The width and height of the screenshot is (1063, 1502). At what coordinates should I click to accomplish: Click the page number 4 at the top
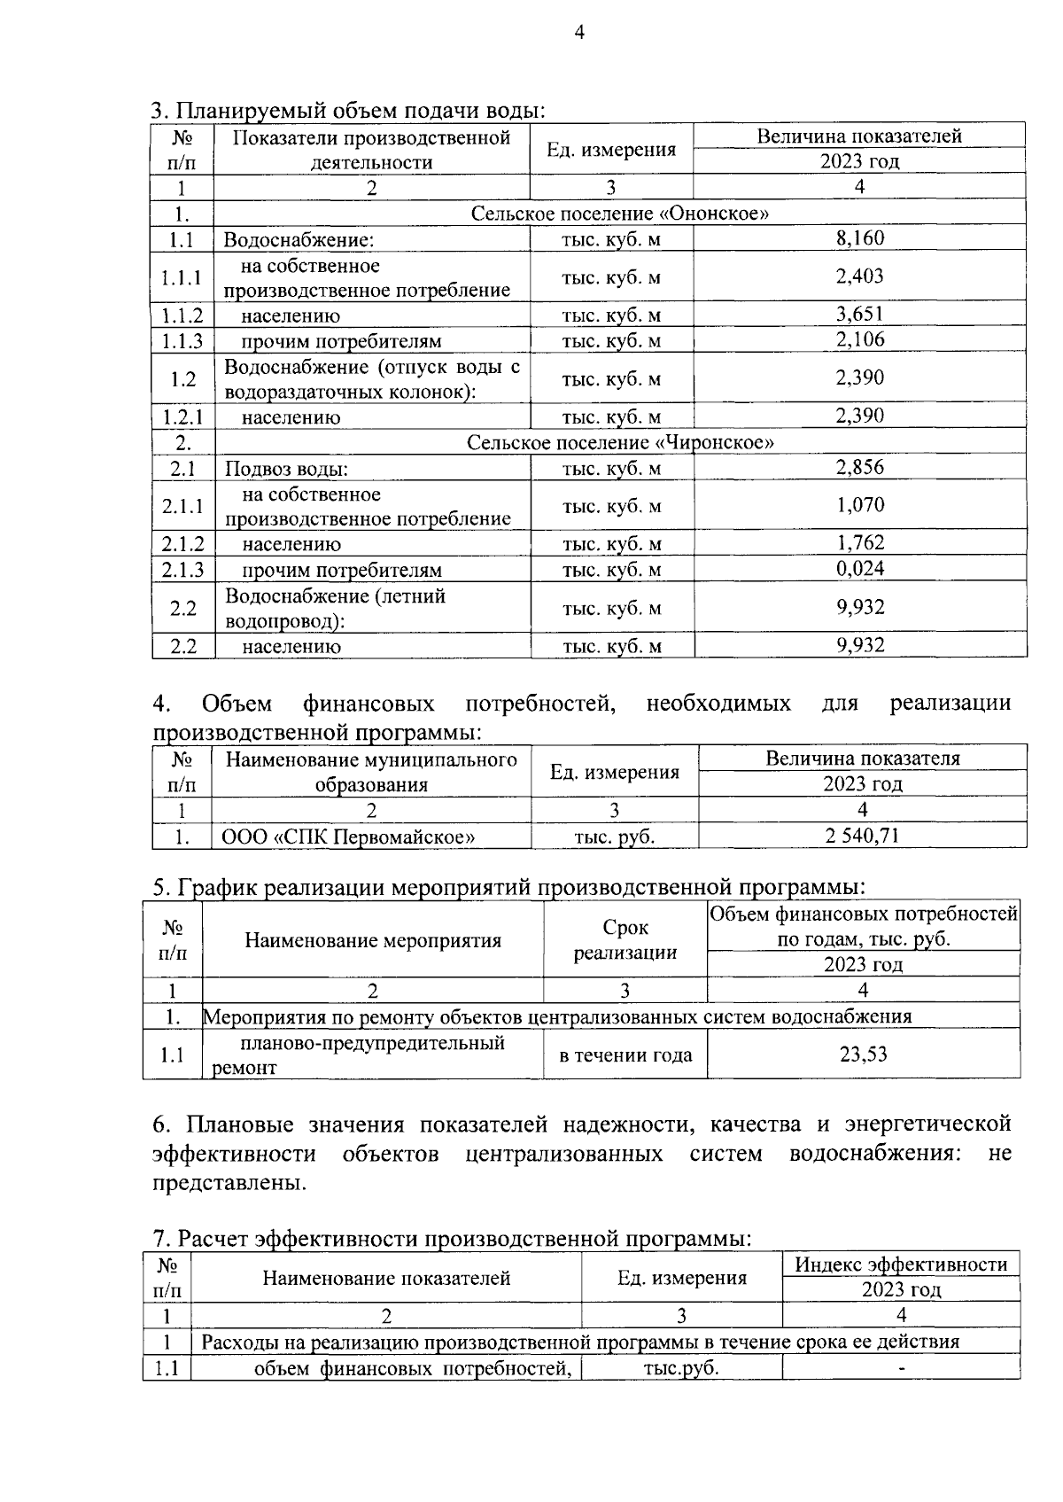[579, 34]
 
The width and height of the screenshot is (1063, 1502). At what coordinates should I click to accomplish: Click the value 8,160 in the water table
[859, 238]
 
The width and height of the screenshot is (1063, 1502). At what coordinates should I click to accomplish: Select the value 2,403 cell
[859, 276]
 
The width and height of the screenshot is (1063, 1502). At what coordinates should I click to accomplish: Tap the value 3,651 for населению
[859, 315]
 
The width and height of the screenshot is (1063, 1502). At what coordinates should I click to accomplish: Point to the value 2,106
[859, 340]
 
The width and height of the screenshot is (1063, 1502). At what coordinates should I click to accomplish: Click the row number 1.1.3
[182, 341]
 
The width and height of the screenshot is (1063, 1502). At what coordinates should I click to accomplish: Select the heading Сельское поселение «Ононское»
[619, 214]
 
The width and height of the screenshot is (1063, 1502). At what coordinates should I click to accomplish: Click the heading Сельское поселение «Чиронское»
[620, 442]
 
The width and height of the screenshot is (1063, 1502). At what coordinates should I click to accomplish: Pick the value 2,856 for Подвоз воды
[859, 468]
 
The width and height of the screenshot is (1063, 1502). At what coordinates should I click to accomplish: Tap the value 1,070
[859, 505]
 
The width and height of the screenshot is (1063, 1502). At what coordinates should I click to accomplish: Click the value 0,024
[859, 569]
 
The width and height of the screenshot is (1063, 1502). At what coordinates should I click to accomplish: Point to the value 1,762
[859, 543]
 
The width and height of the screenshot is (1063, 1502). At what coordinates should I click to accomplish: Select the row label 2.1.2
[182, 544]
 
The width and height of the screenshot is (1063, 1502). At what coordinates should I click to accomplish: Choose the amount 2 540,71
[862, 835]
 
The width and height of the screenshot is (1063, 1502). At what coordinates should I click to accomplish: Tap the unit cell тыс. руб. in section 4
[614, 836]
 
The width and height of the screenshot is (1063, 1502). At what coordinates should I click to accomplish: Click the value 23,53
[863, 1055]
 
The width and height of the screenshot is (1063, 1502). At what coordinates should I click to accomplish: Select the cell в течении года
[625, 1055]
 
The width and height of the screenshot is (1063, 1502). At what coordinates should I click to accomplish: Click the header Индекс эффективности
[901, 1265]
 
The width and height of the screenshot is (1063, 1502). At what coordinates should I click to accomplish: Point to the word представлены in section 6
[229, 1183]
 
